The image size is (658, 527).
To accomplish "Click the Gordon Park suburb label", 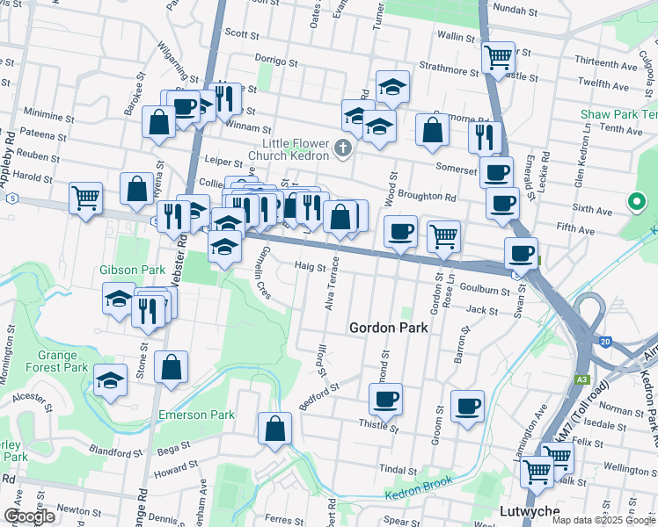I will pos(388,328).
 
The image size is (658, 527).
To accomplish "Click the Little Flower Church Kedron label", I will pos(295,150).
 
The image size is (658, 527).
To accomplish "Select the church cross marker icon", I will pos(343,148).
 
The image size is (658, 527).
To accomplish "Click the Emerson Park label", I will pos(196,415).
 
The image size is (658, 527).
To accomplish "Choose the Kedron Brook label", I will pos(418,487).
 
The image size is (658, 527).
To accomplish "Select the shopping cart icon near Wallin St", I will pos(498,57).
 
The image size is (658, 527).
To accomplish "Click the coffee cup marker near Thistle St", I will pos(385,399).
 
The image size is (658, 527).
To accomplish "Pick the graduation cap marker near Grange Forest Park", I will pos(110,380).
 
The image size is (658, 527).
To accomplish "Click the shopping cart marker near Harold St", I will pos(85,198).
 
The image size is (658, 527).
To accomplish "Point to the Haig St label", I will pos(311,266).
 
